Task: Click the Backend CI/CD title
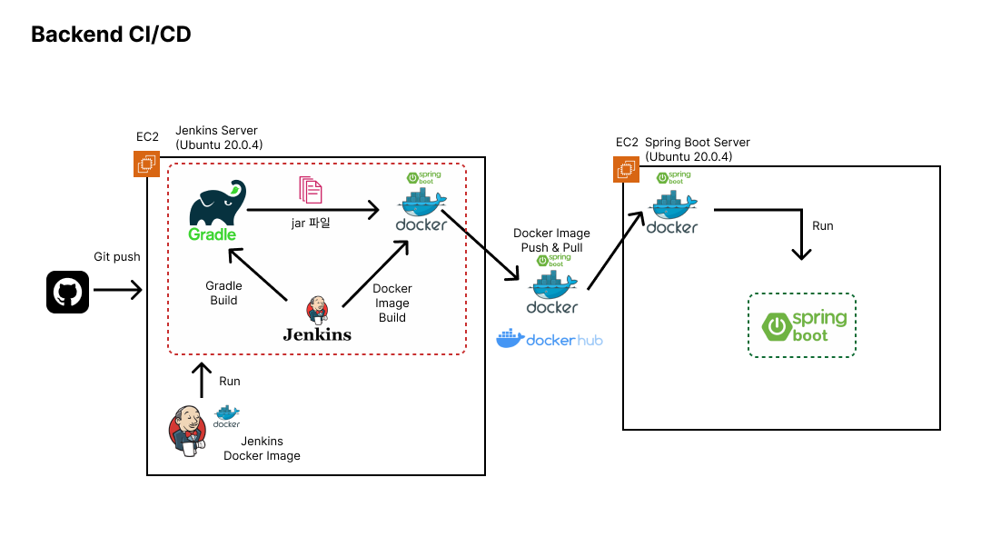(111, 35)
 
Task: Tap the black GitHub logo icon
(67, 292)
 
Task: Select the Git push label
(117, 257)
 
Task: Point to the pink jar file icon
(311, 189)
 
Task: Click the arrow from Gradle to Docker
(313, 212)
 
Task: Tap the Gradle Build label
(223, 293)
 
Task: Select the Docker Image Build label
(392, 303)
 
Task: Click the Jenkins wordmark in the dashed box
(317, 334)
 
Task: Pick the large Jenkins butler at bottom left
(188, 431)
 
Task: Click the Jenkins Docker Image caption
(262, 449)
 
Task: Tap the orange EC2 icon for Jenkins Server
(145, 164)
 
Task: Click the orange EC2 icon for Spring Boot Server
(626, 169)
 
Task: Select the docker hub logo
(549, 340)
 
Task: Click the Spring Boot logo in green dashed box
(801, 324)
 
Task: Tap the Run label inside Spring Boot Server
(822, 225)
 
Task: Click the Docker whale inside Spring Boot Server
(671, 210)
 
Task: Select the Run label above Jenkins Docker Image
(230, 381)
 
